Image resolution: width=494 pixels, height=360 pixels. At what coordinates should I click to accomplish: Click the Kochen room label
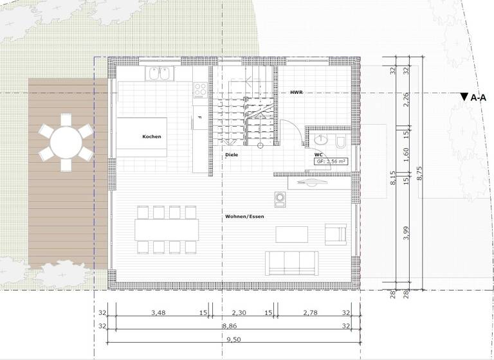click(152, 137)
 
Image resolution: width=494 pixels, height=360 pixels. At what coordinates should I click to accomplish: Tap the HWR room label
click(296, 93)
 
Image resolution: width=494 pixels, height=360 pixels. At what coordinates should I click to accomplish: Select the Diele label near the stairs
click(232, 155)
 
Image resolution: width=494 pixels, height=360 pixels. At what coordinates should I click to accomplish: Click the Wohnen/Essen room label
click(244, 217)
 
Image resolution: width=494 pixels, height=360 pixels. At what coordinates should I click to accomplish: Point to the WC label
click(318, 155)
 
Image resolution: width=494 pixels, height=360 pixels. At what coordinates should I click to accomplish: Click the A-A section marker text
click(478, 98)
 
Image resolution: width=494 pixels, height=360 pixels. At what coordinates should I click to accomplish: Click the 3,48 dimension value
click(158, 313)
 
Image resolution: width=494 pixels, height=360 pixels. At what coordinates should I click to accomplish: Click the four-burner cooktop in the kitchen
click(199, 90)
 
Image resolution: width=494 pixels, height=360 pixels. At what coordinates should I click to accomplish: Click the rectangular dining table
click(167, 229)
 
